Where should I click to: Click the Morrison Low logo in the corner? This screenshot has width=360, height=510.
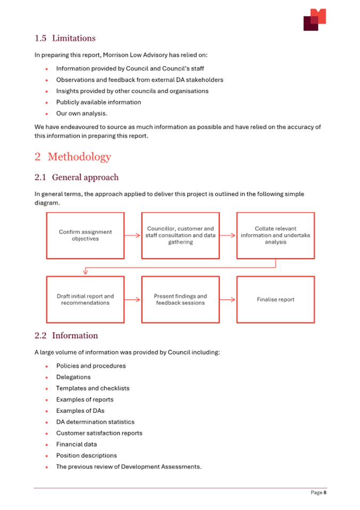[315, 20]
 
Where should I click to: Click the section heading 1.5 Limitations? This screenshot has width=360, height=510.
[65, 38]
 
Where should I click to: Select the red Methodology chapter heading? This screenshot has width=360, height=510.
[73, 157]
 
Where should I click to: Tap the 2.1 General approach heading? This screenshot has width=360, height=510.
[76, 177]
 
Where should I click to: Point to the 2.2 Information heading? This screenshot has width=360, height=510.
[66, 336]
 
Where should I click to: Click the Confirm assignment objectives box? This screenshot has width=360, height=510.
[85, 236]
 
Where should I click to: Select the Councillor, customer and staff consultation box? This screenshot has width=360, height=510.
[180, 236]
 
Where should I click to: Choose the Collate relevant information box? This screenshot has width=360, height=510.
[275, 236]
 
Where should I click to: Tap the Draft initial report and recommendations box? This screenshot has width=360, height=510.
[85, 299]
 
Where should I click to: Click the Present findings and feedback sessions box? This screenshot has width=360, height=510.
[180, 299]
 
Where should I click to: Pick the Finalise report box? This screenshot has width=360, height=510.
[275, 299]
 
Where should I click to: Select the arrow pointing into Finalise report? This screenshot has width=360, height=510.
[228, 299]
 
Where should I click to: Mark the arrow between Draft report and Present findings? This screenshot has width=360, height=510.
[133, 299]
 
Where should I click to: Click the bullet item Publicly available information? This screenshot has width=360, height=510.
[99, 102]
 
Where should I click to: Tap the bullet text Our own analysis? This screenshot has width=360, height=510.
[82, 114]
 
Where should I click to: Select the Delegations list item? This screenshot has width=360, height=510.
[74, 377]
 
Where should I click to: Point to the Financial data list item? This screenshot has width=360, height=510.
[77, 444]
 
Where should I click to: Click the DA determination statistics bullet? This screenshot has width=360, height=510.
[95, 422]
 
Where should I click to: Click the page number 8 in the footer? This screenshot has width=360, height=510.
[324, 493]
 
